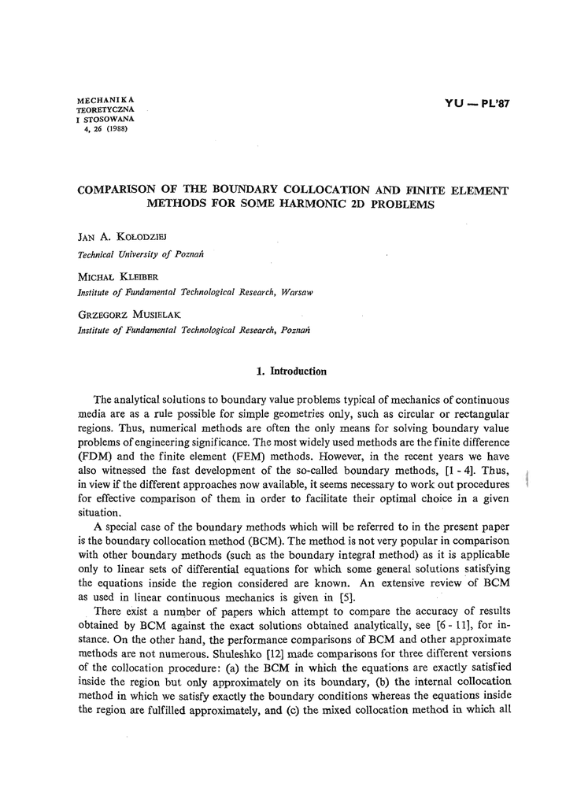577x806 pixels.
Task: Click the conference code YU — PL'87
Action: (478, 104)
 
